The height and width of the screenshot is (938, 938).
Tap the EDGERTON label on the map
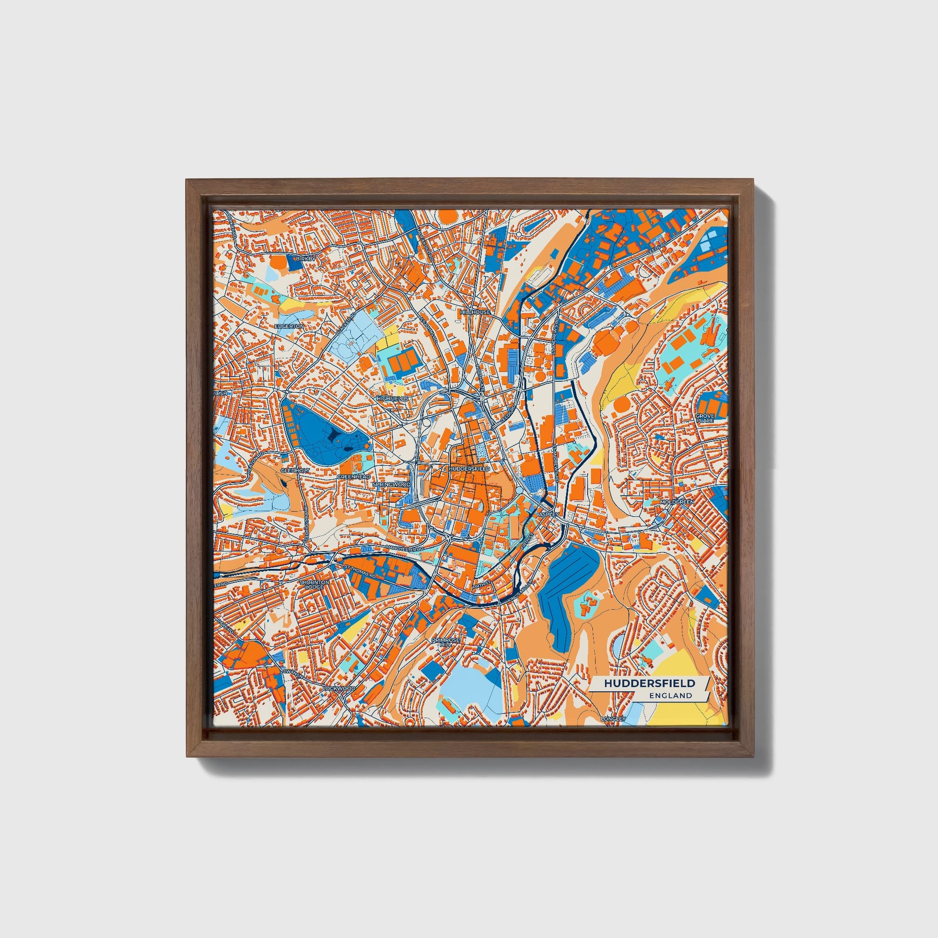[289, 326]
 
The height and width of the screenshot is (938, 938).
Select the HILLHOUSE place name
[475, 312]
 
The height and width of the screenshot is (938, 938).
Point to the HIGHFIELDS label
[392, 398]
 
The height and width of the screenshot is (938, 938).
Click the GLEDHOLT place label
[295, 470]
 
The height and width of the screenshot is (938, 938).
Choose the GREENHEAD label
[353, 477]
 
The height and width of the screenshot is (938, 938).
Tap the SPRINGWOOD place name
[391, 484]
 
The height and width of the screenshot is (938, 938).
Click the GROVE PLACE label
[705, 418]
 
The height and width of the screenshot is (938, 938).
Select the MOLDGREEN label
[677, 501]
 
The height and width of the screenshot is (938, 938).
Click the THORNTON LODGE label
[314, 584]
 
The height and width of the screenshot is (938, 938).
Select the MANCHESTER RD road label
[404, 547]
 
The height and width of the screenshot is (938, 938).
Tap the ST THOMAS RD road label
[360, 572]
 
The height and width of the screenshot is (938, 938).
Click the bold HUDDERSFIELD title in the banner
[649, 683]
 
